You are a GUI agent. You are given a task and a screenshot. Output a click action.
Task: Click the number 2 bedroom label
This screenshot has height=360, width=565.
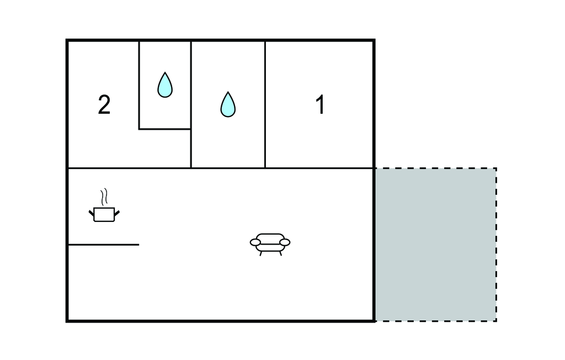[104, 105]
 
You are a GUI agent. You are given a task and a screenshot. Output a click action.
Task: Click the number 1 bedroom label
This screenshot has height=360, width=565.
[320, 104]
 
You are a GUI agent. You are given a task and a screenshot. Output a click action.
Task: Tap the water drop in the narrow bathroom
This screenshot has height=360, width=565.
[165, 85]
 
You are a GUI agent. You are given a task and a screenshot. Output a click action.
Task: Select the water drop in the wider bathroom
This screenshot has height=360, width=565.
[228, 104]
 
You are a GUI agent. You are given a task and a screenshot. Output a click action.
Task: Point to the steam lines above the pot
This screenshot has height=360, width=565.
[104, 197]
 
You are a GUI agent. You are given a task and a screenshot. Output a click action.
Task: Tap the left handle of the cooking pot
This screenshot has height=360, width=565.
[92, 213]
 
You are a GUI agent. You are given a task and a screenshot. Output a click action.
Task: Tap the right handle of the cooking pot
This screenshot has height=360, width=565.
[117, 213]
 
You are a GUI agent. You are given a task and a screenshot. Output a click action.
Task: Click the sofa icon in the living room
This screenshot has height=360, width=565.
[270, 245]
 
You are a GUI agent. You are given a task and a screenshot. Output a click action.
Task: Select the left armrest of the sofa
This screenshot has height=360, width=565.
[255, 242]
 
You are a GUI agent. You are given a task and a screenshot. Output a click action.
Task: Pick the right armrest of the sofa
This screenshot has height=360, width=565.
[285, 242]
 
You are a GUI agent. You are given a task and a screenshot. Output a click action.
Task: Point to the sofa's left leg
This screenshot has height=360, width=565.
[260, 253]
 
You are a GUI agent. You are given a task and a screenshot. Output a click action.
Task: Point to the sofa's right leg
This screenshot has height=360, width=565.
[280, 253]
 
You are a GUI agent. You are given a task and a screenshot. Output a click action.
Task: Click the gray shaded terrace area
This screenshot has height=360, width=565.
[436, 245]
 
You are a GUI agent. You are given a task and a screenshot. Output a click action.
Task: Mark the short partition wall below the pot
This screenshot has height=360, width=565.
[103, 245]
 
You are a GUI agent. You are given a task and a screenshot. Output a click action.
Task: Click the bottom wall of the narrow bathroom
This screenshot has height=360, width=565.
[165, 129]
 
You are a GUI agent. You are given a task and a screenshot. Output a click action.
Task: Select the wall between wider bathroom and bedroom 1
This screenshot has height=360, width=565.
[265, 104]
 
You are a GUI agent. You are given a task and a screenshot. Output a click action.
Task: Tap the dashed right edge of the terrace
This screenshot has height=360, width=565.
[496, 245]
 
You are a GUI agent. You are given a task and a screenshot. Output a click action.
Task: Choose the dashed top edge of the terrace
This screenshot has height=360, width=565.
[436, 168]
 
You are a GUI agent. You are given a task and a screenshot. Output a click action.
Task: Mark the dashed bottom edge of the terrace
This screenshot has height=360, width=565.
[436, 321]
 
